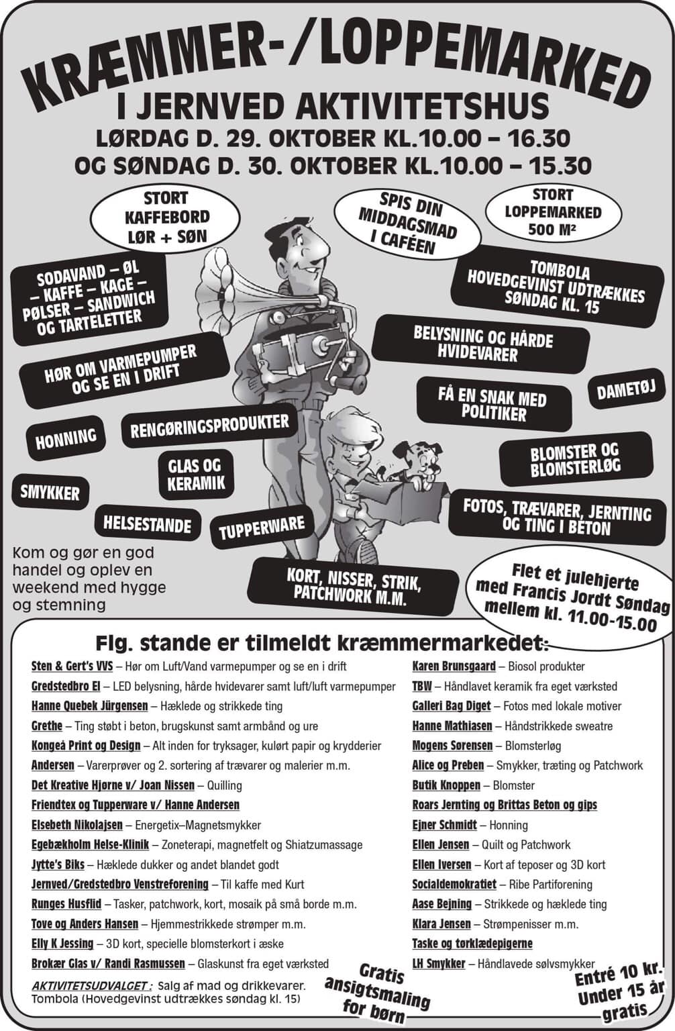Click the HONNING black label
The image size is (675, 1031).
click(x=66, y=437)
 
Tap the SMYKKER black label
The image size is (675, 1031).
click(x=50, y=493)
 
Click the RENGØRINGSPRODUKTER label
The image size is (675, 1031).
click(x=209, y=429)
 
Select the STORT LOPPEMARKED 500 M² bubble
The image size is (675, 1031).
click(x=553, y=213)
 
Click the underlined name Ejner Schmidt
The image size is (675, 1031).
click(x=444, y=825)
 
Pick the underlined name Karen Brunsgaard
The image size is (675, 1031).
click(x=454, y=667)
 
